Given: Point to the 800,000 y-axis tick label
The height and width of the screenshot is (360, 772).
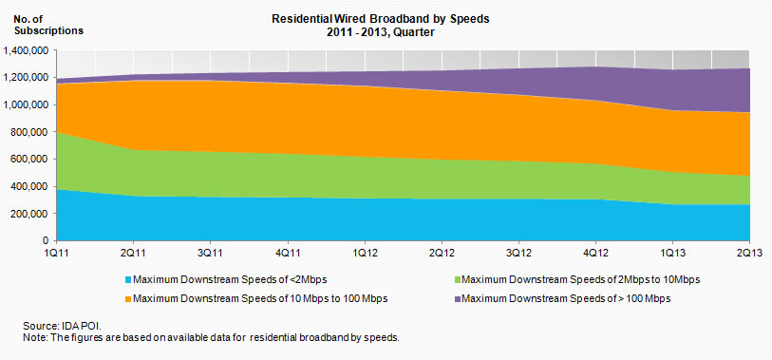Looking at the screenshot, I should coord(29,132).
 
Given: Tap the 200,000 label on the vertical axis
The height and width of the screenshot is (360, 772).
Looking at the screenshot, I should coord(29,214).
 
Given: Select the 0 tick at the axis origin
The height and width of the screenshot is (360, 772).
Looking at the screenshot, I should coord(45,241).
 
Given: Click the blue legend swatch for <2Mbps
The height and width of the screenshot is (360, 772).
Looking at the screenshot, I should coord(128,280).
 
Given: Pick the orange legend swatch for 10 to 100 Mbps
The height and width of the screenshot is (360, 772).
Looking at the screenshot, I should coord(128,299).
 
